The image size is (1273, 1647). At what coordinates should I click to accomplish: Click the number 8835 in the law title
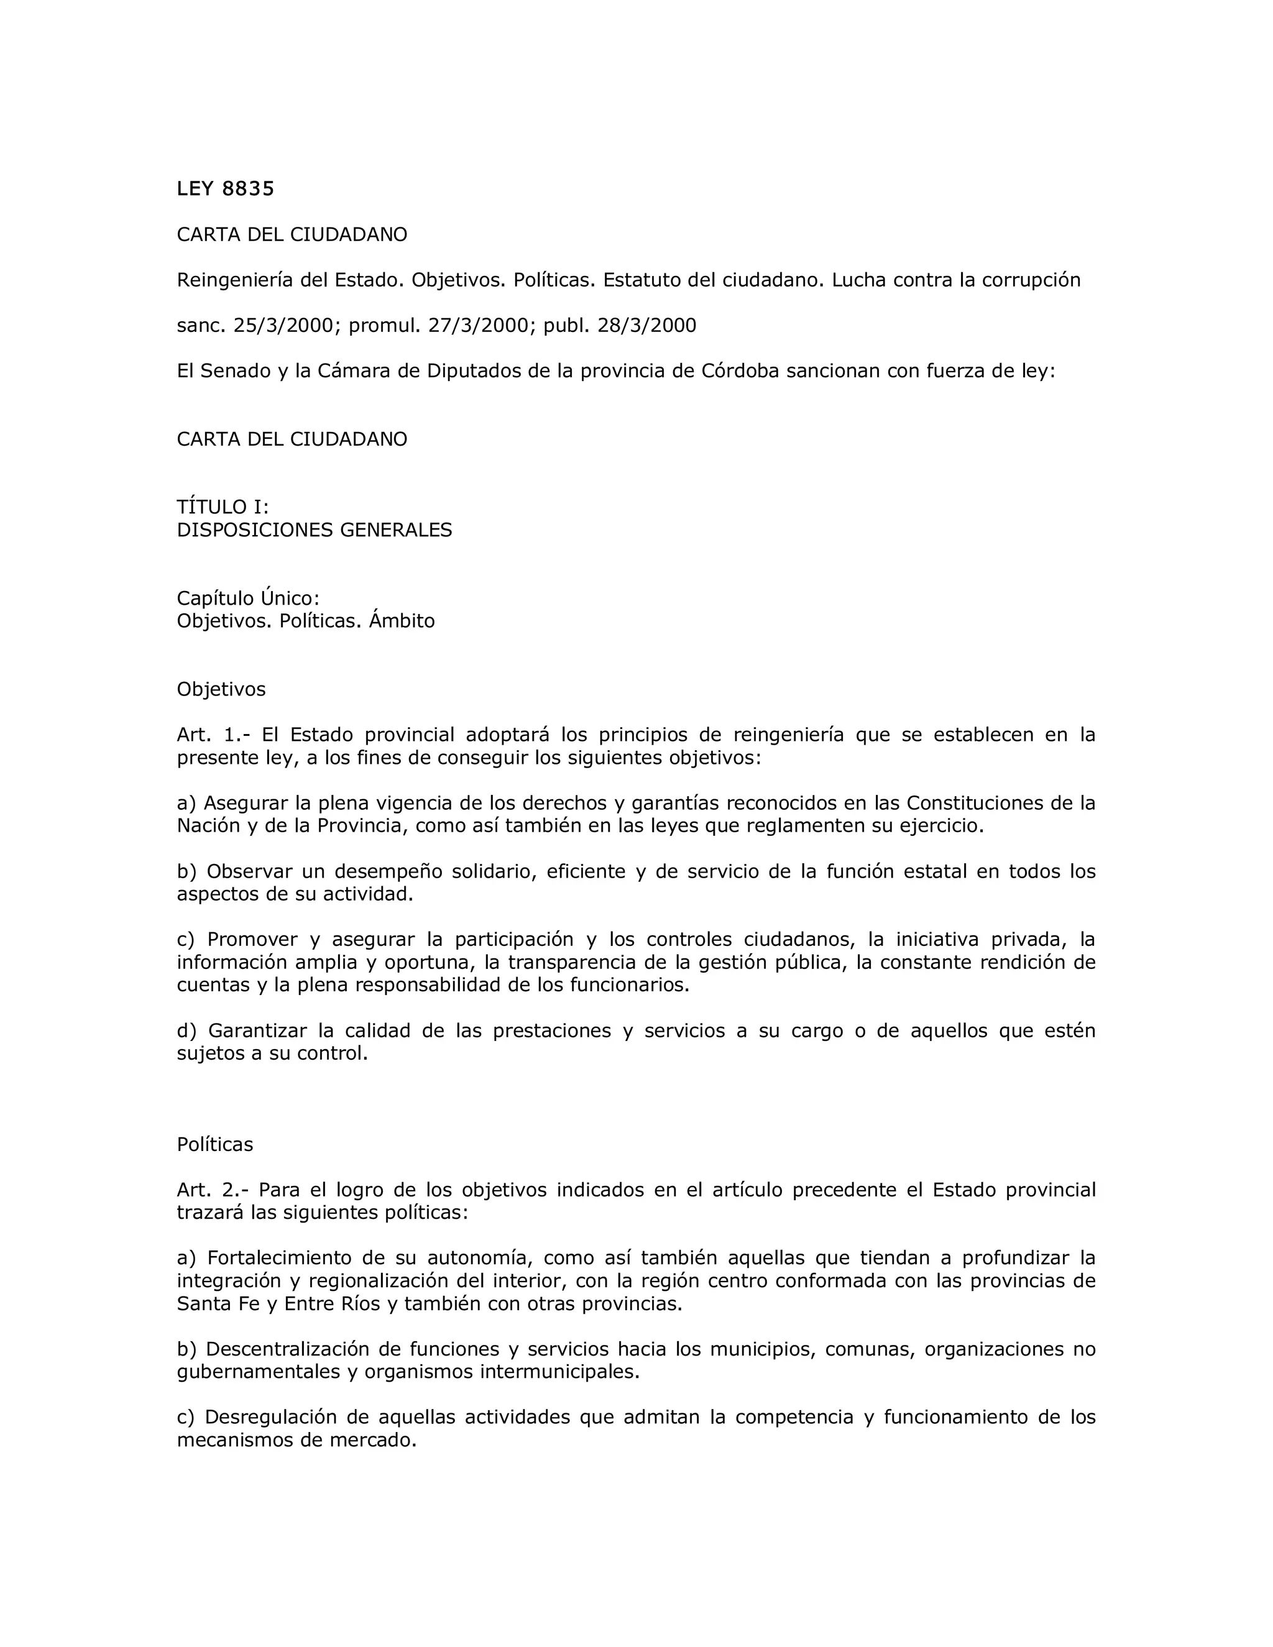pyautogui.click(x=248, y=188)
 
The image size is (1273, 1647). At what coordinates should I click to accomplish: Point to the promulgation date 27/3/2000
pyautogui.click(x=477, y=326)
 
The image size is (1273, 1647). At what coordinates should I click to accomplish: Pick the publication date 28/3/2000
pyautogui.click(x=646, y=326)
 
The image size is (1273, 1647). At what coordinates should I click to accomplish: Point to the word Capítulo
pyautogui.click(x=214, y=599)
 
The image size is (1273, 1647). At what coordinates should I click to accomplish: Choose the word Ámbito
pyautogui.click(x=402, y=622)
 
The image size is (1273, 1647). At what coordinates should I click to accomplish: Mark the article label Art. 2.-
pyautogui.click(x=217, y=1191)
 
